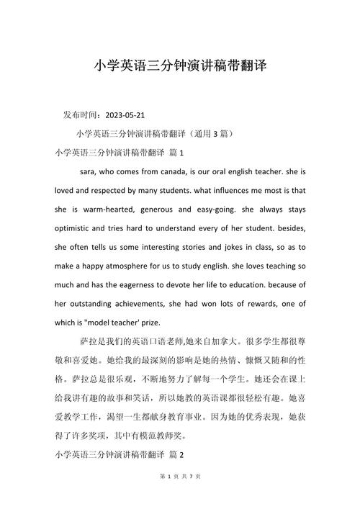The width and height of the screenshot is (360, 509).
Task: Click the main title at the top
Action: click(180, 66)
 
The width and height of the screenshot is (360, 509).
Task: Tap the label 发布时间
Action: click(82, 114)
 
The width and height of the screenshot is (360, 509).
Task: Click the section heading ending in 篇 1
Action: click(120, 153)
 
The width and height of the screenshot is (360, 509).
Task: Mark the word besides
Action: click(289, 228)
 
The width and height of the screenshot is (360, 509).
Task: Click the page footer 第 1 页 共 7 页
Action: click(180, 496)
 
